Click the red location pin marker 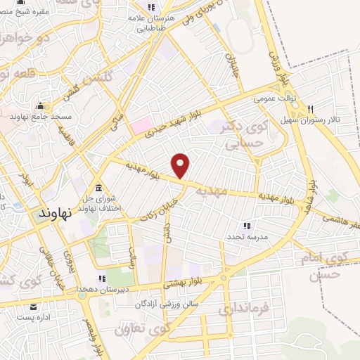[x=181, y=165]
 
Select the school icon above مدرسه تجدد [x=246, y=226]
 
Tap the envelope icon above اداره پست [x=33, y=307]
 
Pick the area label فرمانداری [x=245, y=309]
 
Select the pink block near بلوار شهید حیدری [x=140, y=127]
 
